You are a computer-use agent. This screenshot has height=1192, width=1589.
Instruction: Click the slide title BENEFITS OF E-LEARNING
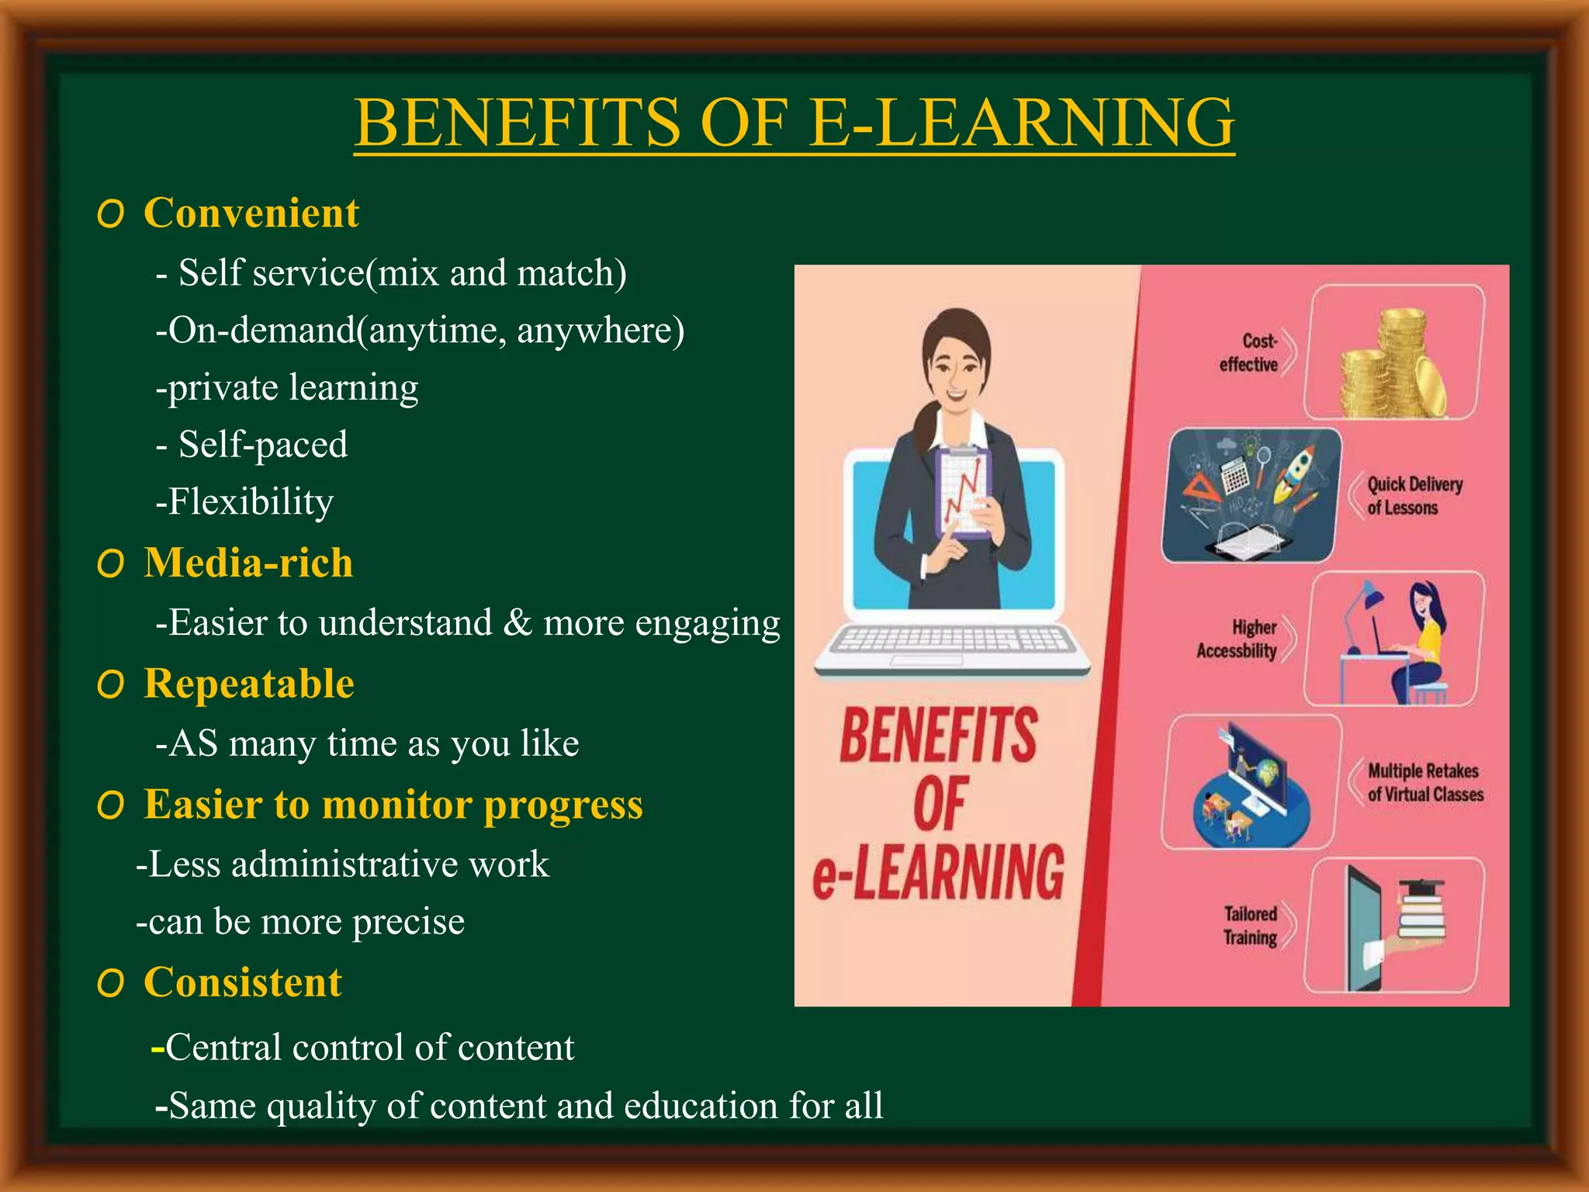tap(794, 123)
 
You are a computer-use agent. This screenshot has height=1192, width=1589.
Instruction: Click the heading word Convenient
tap(251, 213)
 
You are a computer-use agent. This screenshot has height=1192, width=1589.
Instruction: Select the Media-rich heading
tap(248, 563)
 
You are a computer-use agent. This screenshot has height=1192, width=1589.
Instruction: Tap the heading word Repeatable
tap(249, 684)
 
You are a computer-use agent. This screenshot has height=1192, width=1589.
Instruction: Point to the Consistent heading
tap(243, 982)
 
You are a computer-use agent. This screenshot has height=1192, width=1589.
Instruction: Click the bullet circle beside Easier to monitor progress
tap(111, 806)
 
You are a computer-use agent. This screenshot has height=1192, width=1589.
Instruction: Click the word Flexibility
tap(251, 501)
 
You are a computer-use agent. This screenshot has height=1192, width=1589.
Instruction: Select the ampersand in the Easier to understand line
tap(517, 622)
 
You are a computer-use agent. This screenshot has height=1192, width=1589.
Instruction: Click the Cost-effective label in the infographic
tap(1249, 353)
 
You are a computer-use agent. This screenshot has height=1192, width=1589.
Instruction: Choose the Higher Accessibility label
tap(1238, 639)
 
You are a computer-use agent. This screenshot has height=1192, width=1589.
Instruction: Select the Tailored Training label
tap(1251, 925)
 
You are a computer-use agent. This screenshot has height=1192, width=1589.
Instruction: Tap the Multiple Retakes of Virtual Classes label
tap(1425, 782)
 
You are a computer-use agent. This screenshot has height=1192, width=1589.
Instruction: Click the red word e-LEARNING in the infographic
tap(939, 873)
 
